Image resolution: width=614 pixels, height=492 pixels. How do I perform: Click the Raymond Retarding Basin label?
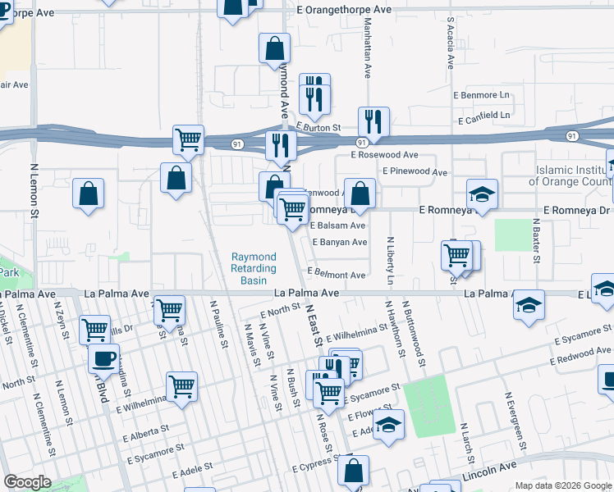click(254, 268)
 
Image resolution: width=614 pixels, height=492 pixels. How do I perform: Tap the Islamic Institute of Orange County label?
click(573, 175)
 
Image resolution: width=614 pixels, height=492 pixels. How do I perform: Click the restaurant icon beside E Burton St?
click(373, 121)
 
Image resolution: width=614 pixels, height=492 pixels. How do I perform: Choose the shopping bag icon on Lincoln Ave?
click(353, 471)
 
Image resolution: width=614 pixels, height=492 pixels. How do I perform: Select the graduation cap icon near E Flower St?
click(389, 424)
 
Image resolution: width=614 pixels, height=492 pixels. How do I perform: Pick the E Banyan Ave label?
click(339, 242)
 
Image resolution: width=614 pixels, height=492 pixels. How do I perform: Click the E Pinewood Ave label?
click(415, 172)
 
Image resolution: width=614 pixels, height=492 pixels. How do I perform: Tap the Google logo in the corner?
click(28, 482)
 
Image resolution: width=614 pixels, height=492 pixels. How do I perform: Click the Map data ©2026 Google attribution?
click(562, 485)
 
